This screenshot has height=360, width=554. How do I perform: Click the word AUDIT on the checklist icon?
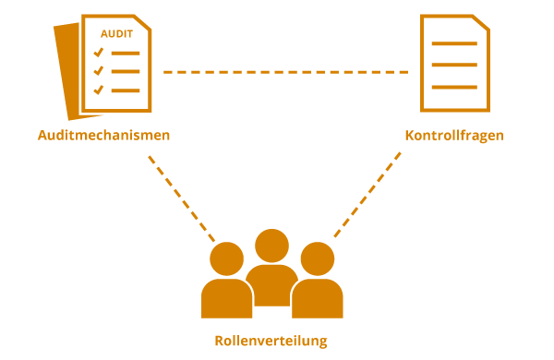pyautogui.click(x=116, y=34)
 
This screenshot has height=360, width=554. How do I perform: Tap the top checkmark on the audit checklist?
pyautogui.click(x=98, y=54)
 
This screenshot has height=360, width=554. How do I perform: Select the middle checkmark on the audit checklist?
pyautogui.click(x=98, y=71)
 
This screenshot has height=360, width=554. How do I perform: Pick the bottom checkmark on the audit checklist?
pyautogui.click(x=98, y=90)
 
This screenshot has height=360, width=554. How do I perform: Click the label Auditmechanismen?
pyautogui.click(x=104, y=136)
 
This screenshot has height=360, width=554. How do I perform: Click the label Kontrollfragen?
pyautogui.click(x=454, y=136)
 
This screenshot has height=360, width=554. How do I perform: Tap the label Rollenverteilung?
pyautogui.click(x=271, y=341)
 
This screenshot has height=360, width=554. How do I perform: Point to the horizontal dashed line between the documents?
pyautogui.click(x=286, y=72)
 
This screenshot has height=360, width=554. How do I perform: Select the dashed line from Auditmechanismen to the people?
pyautogui.click(x=181, y=195)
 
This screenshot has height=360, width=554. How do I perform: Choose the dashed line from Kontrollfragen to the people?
pyautogui.click(x=367, y=195)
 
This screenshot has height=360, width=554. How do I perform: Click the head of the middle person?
pyautogui.click(x=271, y=246)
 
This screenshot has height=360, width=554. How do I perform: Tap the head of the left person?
pyautogui.click(x=226, y=258)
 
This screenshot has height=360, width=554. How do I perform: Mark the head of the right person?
pyautogui.click(x=316, y=258)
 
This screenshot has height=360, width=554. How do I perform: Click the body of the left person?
pyautogui.click(x=226, y=299)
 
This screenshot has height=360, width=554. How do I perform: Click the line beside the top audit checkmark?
pyautogui.click(x=126, y=54)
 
